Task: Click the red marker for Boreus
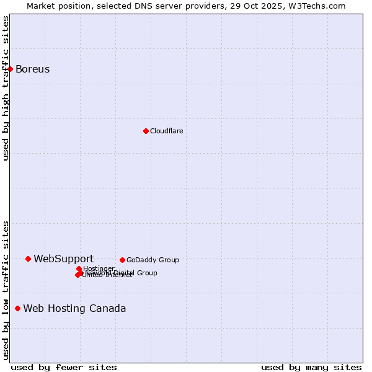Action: click(x=11, y=69)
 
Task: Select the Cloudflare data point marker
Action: click(x=146, y=131)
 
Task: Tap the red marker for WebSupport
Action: click(x=28, y=259)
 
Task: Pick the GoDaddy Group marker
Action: click(x=122, y=260)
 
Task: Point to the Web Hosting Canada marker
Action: click(x=17, y=308)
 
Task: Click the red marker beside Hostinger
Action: click(x=79, y=268)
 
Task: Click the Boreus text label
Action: click(x=33, y=69)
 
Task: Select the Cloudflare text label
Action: click(x=167, y=131)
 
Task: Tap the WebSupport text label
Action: click(x=64, y=259)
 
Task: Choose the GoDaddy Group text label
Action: click(x=153, y=260)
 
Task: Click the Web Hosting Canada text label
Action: click(x=74, y=308)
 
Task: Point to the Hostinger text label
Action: click(x=99, y=268)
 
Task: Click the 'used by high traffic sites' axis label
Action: click(x=6, y=88)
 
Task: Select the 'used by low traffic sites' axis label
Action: click(x=6, y=290)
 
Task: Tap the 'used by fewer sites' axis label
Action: click(x=64, y=367)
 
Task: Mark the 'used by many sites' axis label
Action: click(x=311, y=367)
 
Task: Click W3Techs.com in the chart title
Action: click(x=320, y=6)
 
